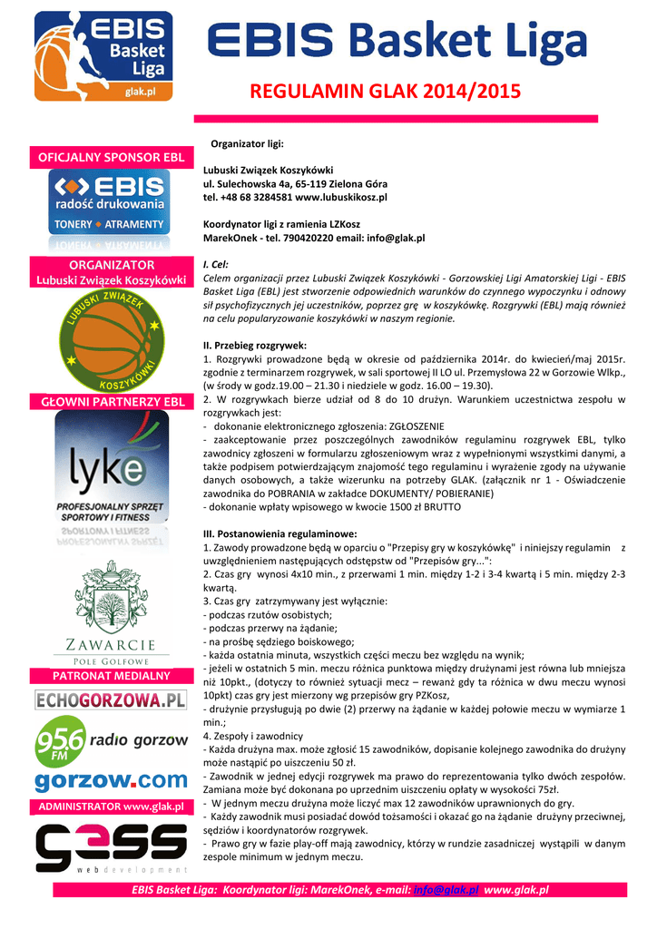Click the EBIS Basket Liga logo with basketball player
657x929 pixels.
point(103,56)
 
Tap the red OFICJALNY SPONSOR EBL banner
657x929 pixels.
point(111,157)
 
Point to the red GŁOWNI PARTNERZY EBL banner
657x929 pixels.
point(111,401)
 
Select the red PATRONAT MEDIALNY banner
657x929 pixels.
point(111,676)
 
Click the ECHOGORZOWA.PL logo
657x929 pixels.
point(111,699)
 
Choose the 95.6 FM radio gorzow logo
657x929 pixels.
point(111,740)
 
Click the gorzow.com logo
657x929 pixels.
point(111,780)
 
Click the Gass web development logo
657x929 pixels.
point(111,847)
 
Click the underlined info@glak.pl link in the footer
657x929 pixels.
point(446,890)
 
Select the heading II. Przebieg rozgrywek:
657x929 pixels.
point(255,346)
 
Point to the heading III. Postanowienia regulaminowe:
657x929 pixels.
point(279,533)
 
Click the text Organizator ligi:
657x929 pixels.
point(247,143)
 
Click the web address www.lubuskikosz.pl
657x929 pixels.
point(341,196)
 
